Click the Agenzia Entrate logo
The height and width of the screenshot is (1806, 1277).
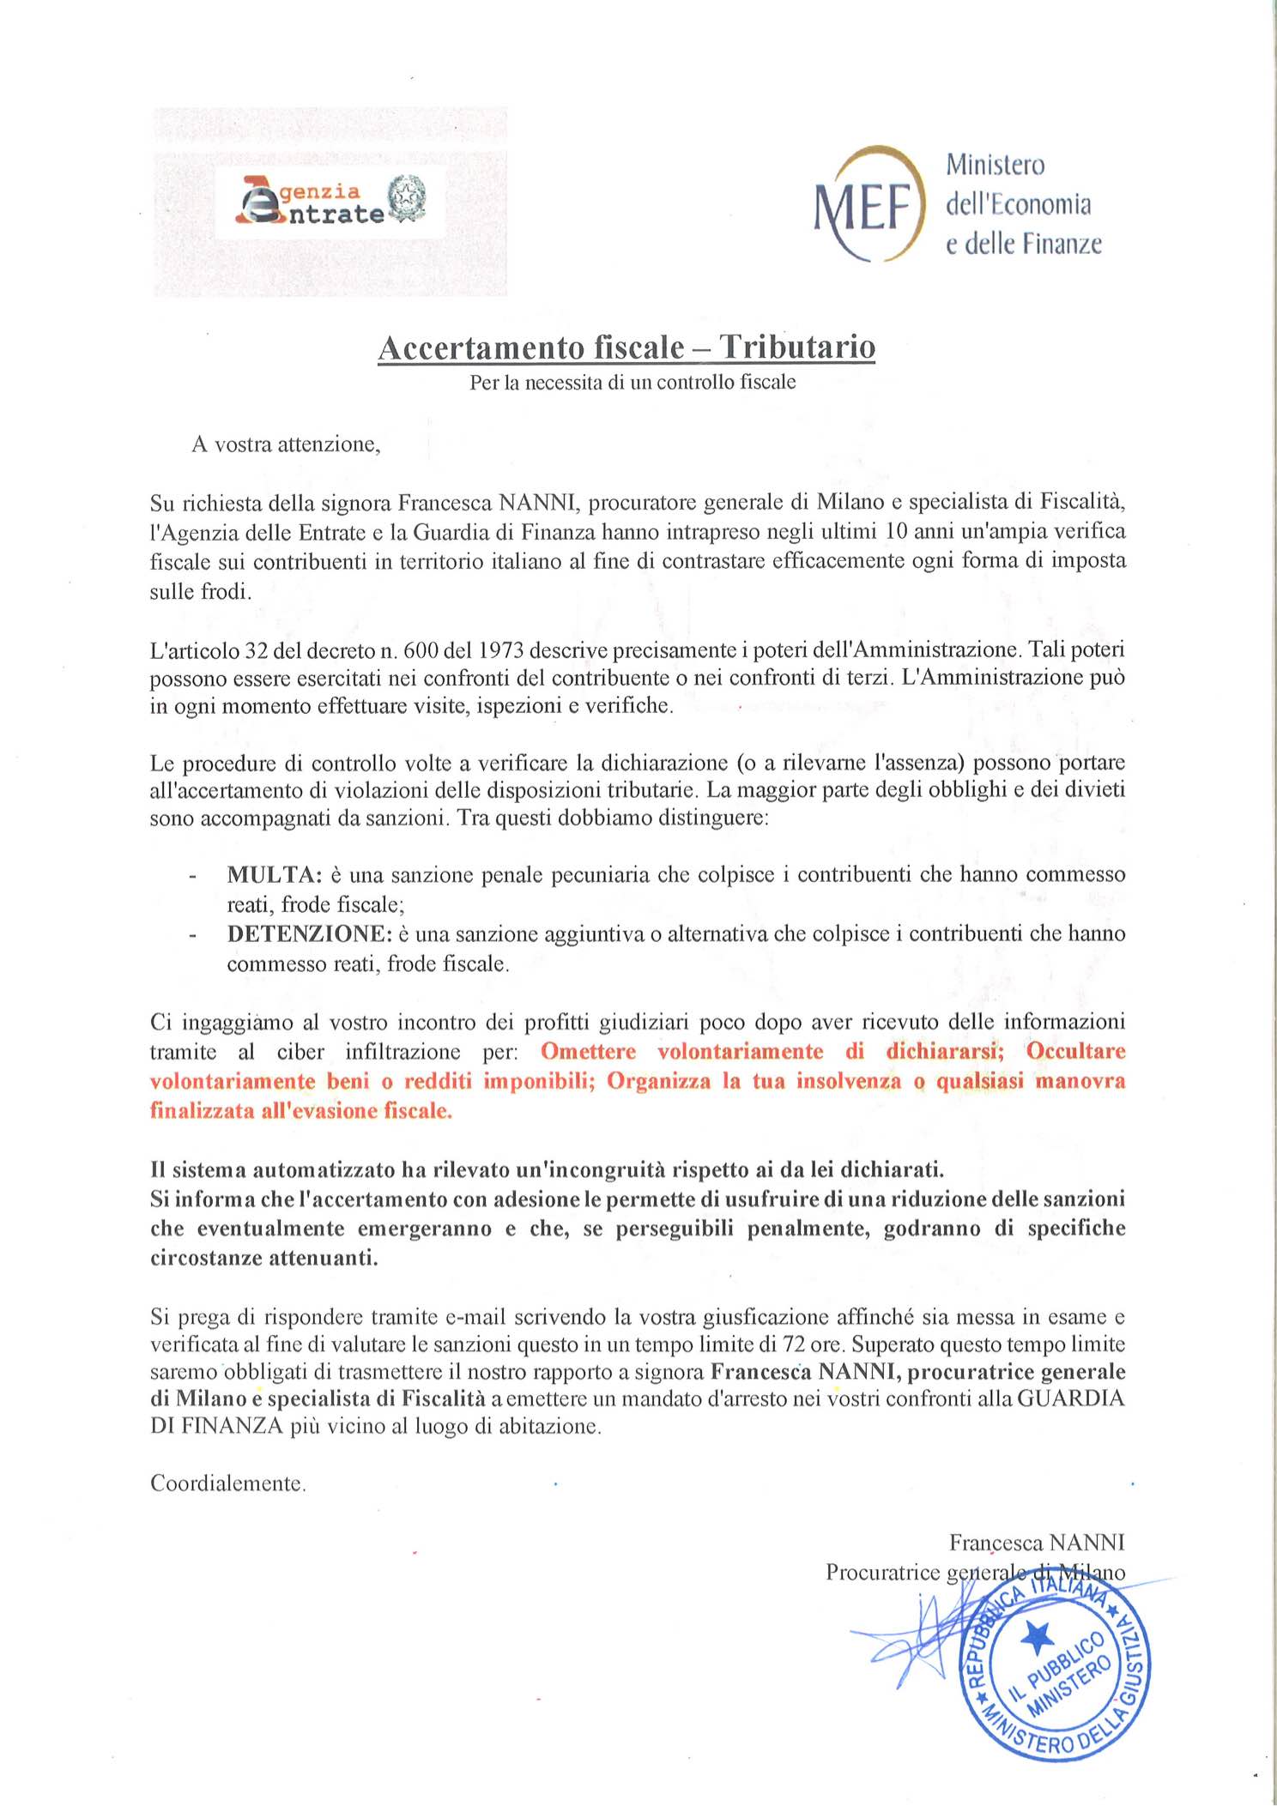330,202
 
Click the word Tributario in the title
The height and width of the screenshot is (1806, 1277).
797,347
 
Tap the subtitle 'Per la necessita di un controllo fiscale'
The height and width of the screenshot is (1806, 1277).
632,383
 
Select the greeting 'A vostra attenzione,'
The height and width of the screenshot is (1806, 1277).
286,444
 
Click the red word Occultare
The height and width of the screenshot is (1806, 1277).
1075,1052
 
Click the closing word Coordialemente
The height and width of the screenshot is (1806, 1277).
228,1483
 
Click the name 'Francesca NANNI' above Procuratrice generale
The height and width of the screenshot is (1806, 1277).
1037,1543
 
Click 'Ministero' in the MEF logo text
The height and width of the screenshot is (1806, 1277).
996,165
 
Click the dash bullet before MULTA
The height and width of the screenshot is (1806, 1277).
193,877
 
